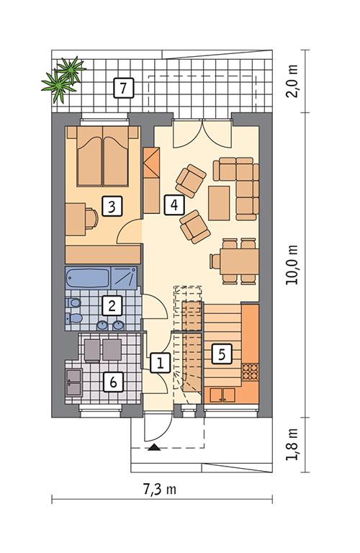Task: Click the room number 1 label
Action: click(x=159, y=363)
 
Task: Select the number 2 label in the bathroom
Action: click(x=111, y=306)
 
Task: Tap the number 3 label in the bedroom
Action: click(x=111, y=207)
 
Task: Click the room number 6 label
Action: click(x=111, y=382)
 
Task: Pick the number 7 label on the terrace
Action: click(x=123, y=89)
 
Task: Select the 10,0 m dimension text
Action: click(x=290, y=264)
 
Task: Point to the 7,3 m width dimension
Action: click(x=159, y=490)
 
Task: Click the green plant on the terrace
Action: click(x=63, y=77)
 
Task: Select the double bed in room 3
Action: click(x=103, y=153)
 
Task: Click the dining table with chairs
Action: click(x=233, y=259)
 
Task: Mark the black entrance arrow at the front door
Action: click(x=153, y=448)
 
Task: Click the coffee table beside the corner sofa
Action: click(x=219, y=202)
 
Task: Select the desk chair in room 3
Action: click(x=91, y=217)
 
